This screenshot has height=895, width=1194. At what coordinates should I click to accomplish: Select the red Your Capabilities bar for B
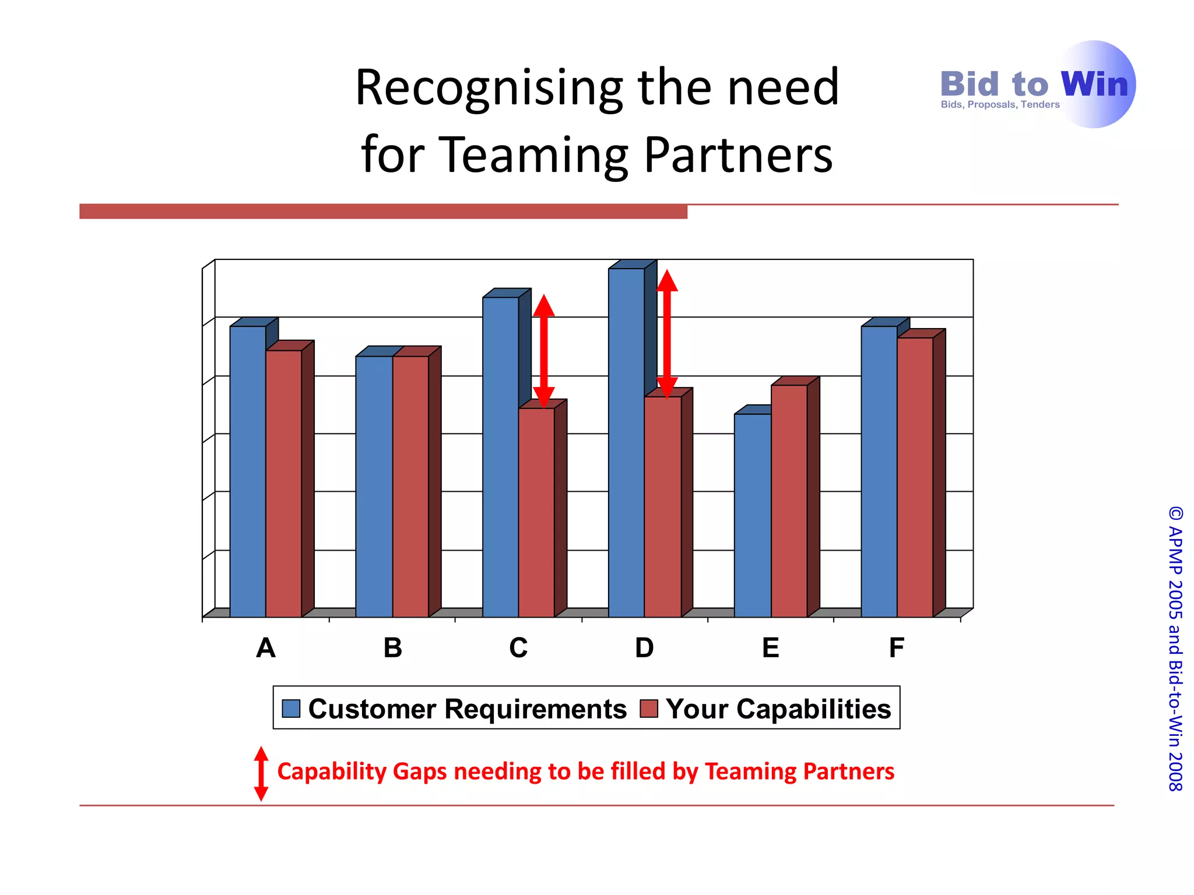[x=410, y=486]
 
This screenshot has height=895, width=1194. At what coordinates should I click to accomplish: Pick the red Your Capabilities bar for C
[x=536, y=512]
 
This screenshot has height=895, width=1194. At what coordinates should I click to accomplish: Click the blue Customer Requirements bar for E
[x=752, y=515]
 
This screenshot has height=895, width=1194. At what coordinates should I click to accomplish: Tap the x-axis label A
[x=266, y=648]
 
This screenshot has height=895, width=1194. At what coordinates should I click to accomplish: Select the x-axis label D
[x=644, y=648]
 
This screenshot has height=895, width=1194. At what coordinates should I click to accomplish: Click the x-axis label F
[x=897, y=648]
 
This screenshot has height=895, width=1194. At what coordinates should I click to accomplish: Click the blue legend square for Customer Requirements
[x=291, y=709]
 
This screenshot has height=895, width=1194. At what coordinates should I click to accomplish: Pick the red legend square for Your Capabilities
[x=648, y=709]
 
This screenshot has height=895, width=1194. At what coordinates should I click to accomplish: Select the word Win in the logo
[x=1094, y=84]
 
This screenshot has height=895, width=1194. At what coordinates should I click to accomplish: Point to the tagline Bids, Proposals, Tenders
[x=1000, y=105]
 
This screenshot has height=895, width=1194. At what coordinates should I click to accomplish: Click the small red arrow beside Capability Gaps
[x=261, y=773]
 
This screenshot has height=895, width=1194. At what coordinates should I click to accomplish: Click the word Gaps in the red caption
[x=420, y=771]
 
